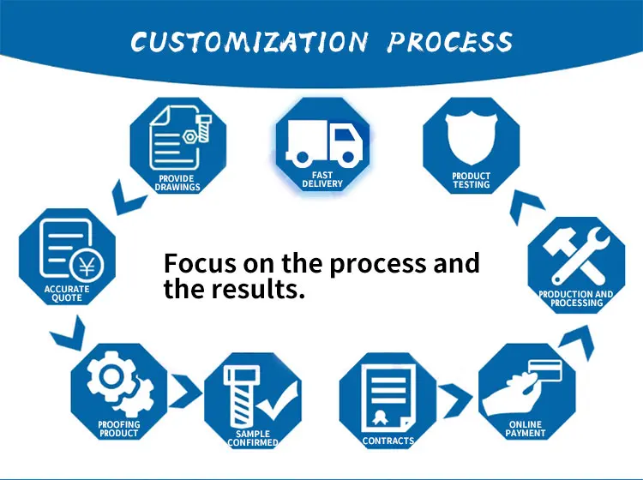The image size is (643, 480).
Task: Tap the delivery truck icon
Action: (322, 145)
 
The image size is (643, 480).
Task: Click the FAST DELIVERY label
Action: (322, 179)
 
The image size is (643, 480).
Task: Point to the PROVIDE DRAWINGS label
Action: (177, 183)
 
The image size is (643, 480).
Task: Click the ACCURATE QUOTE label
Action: (67, 293)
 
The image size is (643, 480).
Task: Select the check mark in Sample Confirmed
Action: (277, 397)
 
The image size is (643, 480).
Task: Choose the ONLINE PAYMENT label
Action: (526, 429)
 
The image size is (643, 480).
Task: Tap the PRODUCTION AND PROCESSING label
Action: (576, 298)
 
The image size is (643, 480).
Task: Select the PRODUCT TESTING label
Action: (471, 180)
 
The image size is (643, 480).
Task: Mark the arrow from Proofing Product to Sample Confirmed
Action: (190, 394)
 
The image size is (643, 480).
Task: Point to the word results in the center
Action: (262, 290)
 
